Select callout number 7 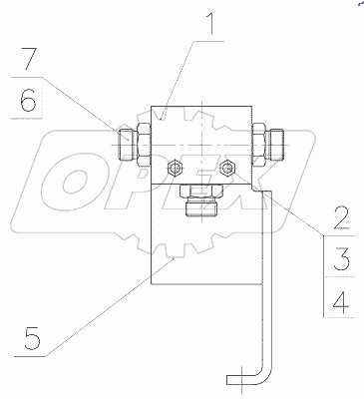[28, 59]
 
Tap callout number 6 [28, 100]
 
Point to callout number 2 [341, 218]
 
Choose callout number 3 [341, 259]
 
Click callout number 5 [32, 338]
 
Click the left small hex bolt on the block [176, 168]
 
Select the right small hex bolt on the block [227, 169]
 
